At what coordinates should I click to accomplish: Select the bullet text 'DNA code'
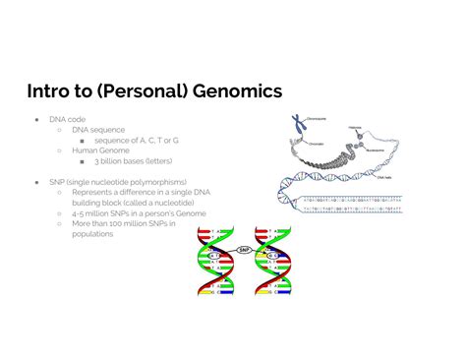pyautogui.click(x=68, y=119)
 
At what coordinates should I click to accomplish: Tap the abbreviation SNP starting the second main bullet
pyautogui.click(x=58, y=182)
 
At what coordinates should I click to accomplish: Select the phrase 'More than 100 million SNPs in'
pyautogui.click(x=123, y=223)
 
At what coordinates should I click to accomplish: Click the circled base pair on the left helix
pyautogui.click(x=214, y=254)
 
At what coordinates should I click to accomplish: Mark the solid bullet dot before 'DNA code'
pyautogui.click(x=38, y=119)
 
